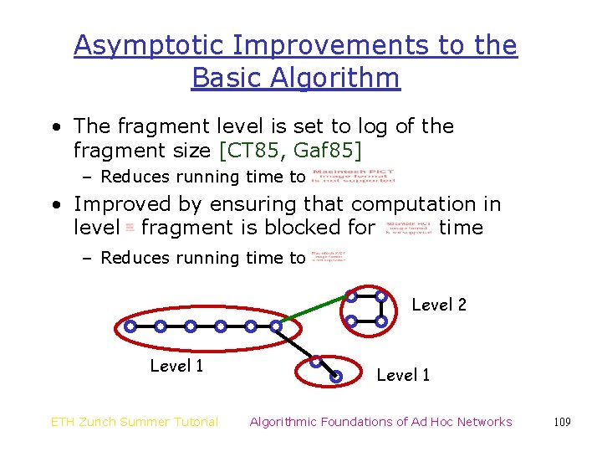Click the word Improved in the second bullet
tap(125, 204)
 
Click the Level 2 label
tap(439, 305)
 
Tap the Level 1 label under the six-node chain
tap(176, 366)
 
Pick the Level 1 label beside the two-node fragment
tap(403, 376)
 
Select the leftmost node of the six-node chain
tap(130, 326)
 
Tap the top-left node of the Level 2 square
tap(352, 296)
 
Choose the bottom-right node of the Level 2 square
tap(380, 321)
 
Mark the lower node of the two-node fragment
tap(335, 376)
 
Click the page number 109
tap(562, 422)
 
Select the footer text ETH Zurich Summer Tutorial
tap(135, 422)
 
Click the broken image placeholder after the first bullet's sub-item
tap(353, 176)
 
